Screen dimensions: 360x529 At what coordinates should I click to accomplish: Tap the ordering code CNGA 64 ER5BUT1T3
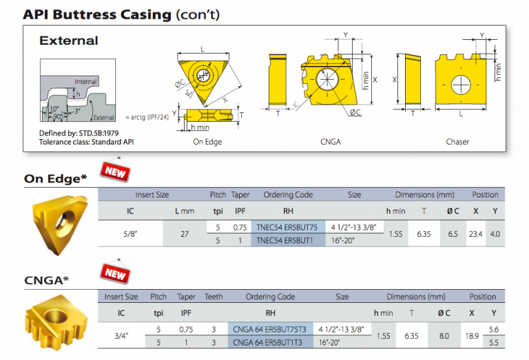pos(269,342)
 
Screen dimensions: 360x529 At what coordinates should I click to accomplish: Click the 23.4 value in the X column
pos(475,234)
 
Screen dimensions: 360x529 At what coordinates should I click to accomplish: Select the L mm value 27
pos(184,234)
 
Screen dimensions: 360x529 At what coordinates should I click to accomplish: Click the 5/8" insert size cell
pos(130,234)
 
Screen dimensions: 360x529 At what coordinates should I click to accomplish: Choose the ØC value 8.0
pos(444,336)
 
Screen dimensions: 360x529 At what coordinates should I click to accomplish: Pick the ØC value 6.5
pos(453,234)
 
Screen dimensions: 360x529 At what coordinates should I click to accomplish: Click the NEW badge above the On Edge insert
pos(115,172)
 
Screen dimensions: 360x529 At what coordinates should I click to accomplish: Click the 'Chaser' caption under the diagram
pos(457,142)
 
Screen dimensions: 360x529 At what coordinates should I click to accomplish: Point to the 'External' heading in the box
pos(69,41)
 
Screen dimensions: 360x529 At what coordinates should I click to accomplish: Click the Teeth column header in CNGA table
pos(214,297)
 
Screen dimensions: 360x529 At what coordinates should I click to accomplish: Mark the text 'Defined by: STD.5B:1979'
pos(77,133)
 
